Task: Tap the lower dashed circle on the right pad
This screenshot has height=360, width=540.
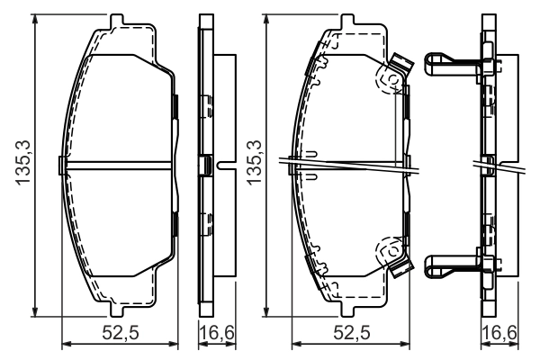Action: pyautogui.click(x=389, y=248)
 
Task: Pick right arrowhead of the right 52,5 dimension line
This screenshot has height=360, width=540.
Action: pyautogui.click(x=407, y=344)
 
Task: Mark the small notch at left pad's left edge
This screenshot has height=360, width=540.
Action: pyautogui.click(x=61, y=165)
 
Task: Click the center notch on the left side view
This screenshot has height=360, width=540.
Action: pyautogui.click(x=209, y=165)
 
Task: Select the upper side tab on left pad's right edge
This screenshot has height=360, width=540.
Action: pyautogui.click(x=176, y=108)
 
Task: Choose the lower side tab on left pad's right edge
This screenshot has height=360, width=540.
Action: pyautogui.click(x=176, y=224)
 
